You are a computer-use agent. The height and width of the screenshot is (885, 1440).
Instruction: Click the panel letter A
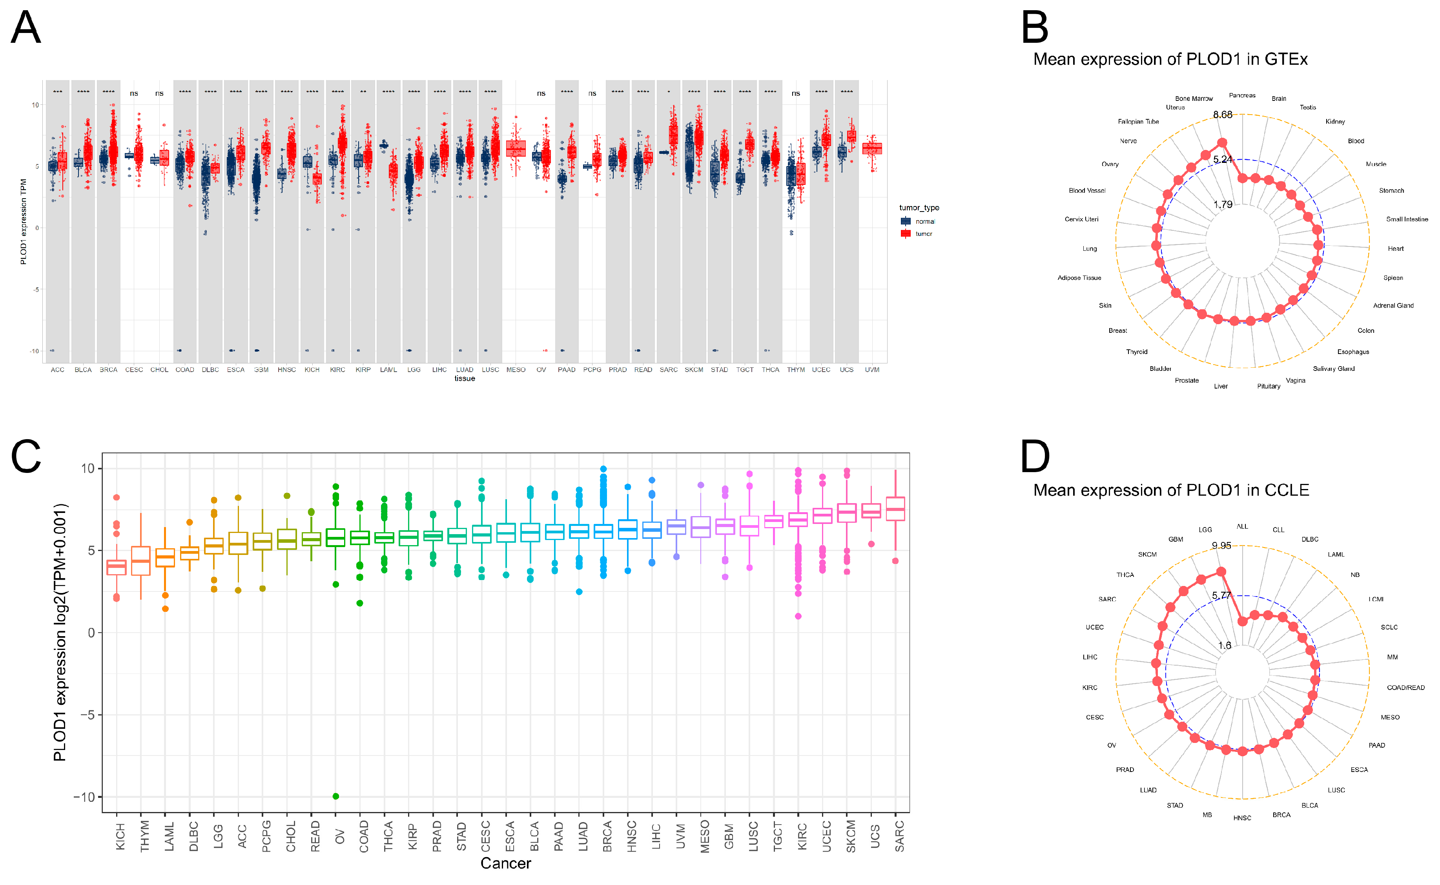point(26,27)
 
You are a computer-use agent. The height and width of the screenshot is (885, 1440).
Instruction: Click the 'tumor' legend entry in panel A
point(923,234)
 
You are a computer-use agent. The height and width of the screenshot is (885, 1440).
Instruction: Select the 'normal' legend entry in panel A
point(924,221)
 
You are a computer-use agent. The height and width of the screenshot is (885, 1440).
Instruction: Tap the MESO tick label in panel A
point(516,370)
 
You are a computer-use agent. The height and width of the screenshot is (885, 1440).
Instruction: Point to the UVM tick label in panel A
point(872,370)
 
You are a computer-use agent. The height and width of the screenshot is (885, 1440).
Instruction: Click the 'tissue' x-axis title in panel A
point(465,379)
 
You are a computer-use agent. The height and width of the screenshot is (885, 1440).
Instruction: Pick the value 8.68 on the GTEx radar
point(1222,115)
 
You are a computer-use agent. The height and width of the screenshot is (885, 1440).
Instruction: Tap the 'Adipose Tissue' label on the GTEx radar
point(1079,278)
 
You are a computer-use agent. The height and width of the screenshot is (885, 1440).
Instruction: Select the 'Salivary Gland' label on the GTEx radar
point(1334,369)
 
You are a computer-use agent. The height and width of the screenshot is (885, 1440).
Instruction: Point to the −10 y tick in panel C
point(84,797)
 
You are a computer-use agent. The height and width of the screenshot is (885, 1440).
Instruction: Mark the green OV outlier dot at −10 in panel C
point(336,796)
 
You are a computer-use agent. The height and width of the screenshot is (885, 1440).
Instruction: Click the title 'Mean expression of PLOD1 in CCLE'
point(1171,490)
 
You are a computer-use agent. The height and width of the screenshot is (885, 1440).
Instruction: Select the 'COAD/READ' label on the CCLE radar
point(1405,688)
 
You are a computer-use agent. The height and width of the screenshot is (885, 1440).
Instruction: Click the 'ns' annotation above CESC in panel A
point(134,94)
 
